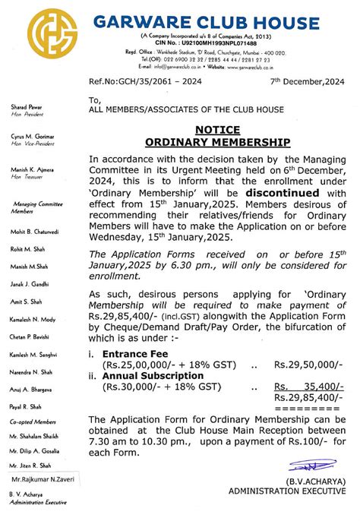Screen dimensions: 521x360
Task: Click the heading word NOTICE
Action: point(217,130)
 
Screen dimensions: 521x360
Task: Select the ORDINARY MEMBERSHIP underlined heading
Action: point(217,142)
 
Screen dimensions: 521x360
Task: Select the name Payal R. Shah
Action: point(27,407)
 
